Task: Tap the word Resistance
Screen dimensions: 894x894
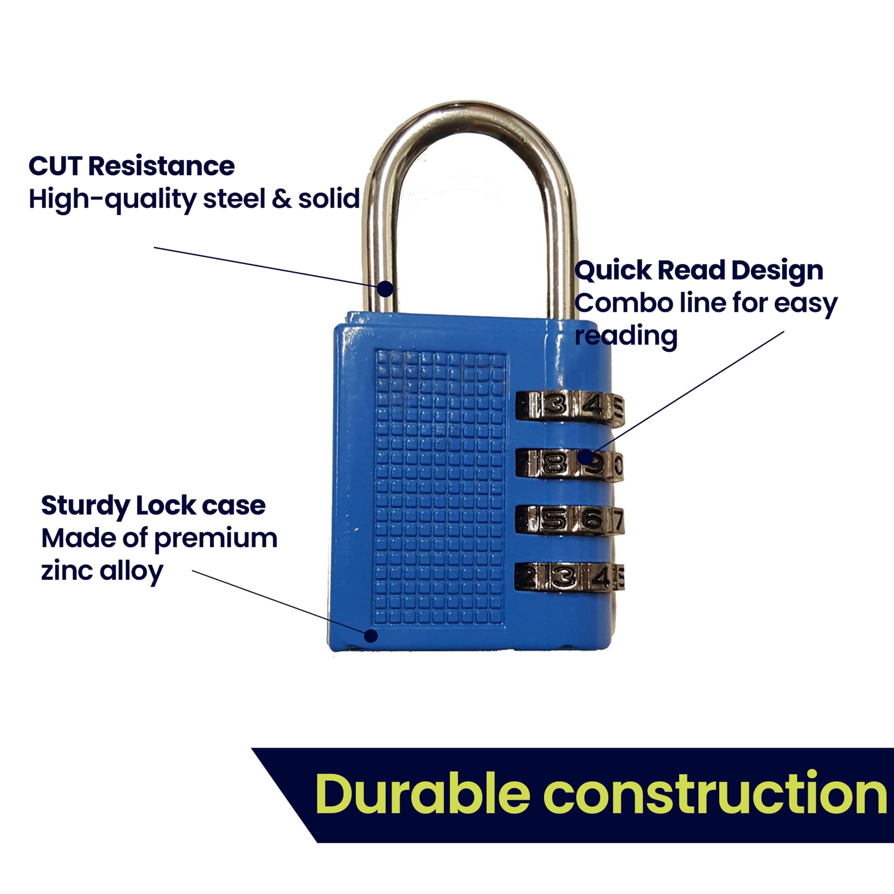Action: click(161, 166)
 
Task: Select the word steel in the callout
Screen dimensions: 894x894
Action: click(234, 199)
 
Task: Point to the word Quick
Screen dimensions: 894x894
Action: click(613, 271)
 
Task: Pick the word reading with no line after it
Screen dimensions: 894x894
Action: click(626, 336)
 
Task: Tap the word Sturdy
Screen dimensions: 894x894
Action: click(85, 506)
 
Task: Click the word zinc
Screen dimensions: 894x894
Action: click(67, 571)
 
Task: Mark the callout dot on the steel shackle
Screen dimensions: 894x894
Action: click(385, 289)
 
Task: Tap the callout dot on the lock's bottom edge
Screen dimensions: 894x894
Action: click(371, 636)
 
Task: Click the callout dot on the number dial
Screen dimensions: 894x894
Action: click(586, 455)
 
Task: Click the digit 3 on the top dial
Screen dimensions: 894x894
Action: click(555, 405)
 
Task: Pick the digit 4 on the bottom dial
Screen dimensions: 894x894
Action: click(602, 577)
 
